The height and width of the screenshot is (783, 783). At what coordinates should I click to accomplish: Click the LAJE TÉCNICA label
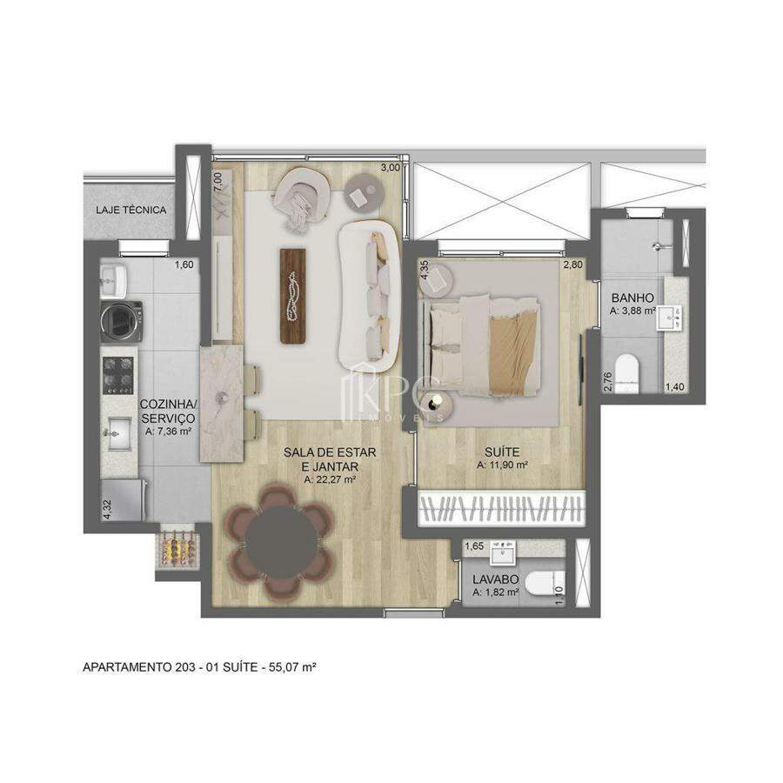(130, 210)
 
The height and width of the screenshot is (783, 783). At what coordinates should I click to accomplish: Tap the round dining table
(281, 542)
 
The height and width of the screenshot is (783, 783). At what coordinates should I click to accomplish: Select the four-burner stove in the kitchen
(118, 376)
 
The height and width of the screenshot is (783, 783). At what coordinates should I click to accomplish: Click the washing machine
(121, 321)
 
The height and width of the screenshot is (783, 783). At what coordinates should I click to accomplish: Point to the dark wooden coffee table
(292, 296)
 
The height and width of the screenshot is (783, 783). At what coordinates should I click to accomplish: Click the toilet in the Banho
(626, 372)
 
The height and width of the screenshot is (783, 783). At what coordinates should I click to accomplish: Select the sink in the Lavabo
(503, 552)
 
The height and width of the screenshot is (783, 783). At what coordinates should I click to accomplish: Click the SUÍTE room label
(502, 452)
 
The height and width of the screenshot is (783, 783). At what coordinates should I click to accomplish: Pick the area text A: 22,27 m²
(330, 480)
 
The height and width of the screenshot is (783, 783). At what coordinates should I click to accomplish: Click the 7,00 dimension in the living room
(217, 181)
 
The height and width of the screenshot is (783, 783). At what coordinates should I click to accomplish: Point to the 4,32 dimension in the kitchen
(106, 510)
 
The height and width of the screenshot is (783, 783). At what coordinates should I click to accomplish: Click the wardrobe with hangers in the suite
(501, 509)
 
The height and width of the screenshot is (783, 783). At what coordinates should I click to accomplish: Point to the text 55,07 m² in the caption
(292, 666)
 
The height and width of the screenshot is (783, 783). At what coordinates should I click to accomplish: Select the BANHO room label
(632, 298)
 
